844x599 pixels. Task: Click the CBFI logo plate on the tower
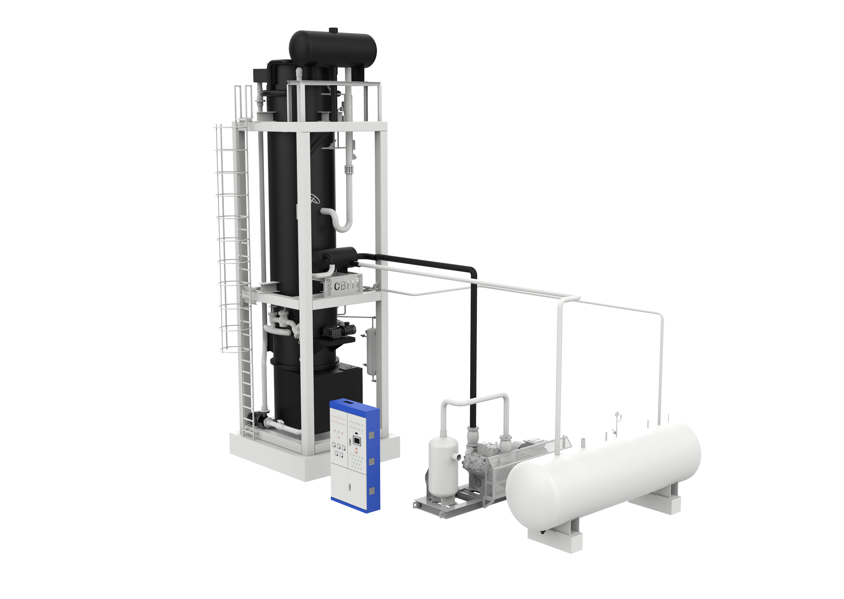click(343, 285)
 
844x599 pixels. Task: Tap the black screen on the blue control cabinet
click(356, 440)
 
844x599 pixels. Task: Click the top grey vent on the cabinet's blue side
click(372, 435)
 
